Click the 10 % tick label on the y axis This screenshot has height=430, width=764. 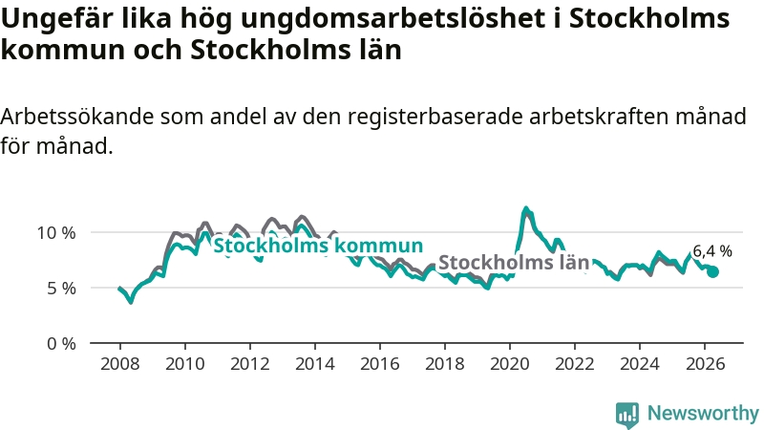(x=56, y=233)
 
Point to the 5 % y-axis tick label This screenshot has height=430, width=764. (x=61, y=289)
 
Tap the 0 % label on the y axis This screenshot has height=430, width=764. (x=61, y=344)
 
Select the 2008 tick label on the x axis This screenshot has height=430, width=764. (x=120, y=364)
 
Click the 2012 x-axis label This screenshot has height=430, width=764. (x=250, y=364)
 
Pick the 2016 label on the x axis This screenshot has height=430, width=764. (x=379, y=364)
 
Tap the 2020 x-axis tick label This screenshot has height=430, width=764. (x=510, y=364)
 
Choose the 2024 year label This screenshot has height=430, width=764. (x=639, y=364)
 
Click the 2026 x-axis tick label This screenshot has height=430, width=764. (x=705, y=364)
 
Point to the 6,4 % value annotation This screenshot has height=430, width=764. (x=712, y=251)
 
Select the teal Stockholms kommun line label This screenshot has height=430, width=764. (x=318, y=246)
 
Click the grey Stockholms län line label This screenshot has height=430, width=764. (x=514, y=262)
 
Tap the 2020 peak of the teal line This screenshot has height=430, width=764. (x=525, y=208)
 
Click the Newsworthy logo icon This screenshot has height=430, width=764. (x=627, y=415)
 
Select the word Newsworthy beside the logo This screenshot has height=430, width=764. (x=703, y=413)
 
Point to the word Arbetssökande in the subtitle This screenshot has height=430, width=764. (x=77, y=117)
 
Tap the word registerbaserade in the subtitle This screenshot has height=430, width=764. (x=435, y=118)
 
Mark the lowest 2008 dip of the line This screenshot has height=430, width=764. (x=130, y=302)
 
